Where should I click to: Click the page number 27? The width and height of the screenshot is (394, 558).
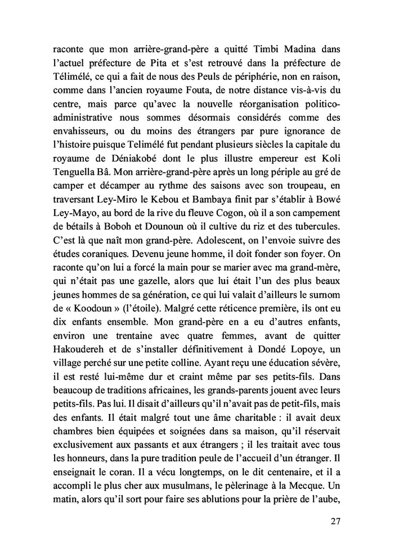pos(336,521)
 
